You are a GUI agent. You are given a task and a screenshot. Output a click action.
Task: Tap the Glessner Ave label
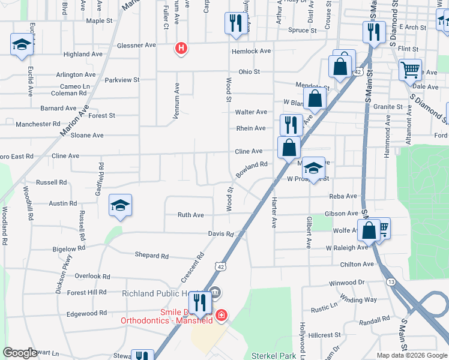136,45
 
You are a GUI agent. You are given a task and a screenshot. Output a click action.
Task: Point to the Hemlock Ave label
252,51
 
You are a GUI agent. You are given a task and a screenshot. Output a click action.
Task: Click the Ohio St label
249,71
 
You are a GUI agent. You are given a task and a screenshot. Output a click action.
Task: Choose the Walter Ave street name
251,112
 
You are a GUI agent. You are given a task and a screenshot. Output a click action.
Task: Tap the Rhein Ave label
251,128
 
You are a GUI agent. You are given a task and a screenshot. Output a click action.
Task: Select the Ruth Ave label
190,215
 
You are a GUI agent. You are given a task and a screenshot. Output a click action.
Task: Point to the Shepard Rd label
152,256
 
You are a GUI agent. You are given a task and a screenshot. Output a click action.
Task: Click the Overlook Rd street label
92,277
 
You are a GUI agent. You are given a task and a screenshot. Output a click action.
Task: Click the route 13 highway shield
391,281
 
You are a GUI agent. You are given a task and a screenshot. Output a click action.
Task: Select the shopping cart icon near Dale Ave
410,70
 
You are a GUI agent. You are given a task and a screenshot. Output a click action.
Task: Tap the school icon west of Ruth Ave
120,206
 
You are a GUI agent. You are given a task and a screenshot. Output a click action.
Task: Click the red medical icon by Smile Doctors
221,314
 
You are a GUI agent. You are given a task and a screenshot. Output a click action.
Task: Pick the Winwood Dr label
347,282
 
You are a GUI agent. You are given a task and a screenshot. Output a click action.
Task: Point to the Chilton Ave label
357,264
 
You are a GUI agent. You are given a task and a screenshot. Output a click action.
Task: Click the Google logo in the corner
20,353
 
